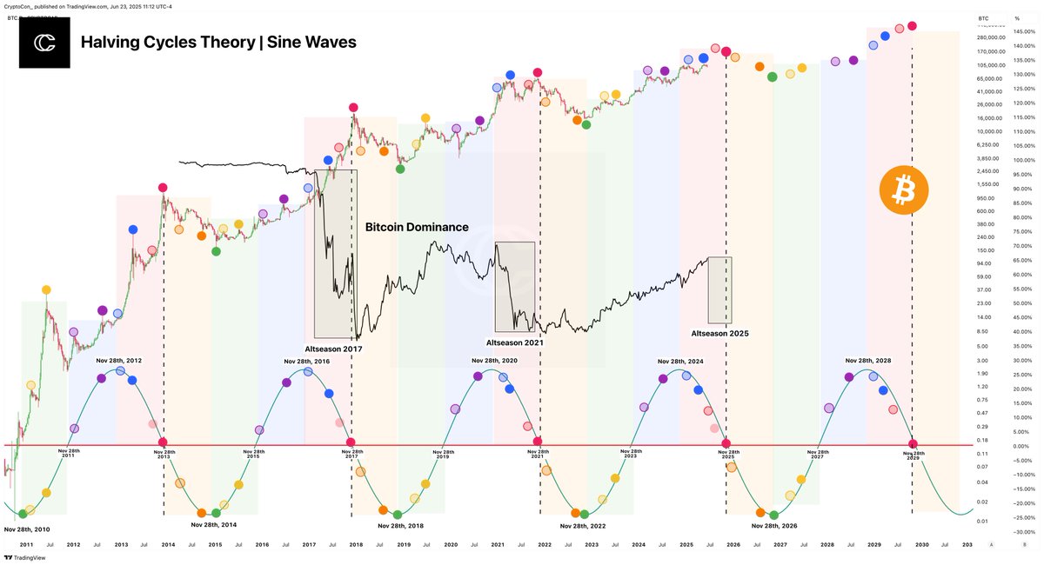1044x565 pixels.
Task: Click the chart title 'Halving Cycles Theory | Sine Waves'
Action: (217, 42)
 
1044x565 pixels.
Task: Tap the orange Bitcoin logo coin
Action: (904, 189)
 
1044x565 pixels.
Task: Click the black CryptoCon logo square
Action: (44, 42)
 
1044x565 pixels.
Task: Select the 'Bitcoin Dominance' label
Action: (416, 227)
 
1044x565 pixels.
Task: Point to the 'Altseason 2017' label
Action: (333, 349)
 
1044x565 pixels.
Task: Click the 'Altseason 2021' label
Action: (514, 342)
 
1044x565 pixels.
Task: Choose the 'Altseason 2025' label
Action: (719, 333)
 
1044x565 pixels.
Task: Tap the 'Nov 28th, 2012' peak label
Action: (119, 360)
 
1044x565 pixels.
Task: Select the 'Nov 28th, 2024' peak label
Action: (680, 361)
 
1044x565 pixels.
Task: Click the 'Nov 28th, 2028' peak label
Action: (868, 360)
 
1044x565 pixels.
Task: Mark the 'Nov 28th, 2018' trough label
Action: (401, 525)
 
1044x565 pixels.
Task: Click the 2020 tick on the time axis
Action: (451, 545)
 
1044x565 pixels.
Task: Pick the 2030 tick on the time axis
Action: (921, 545)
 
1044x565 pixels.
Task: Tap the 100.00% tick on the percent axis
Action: (1025, 160)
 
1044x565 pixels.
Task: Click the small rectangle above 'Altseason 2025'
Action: (719, 290)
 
